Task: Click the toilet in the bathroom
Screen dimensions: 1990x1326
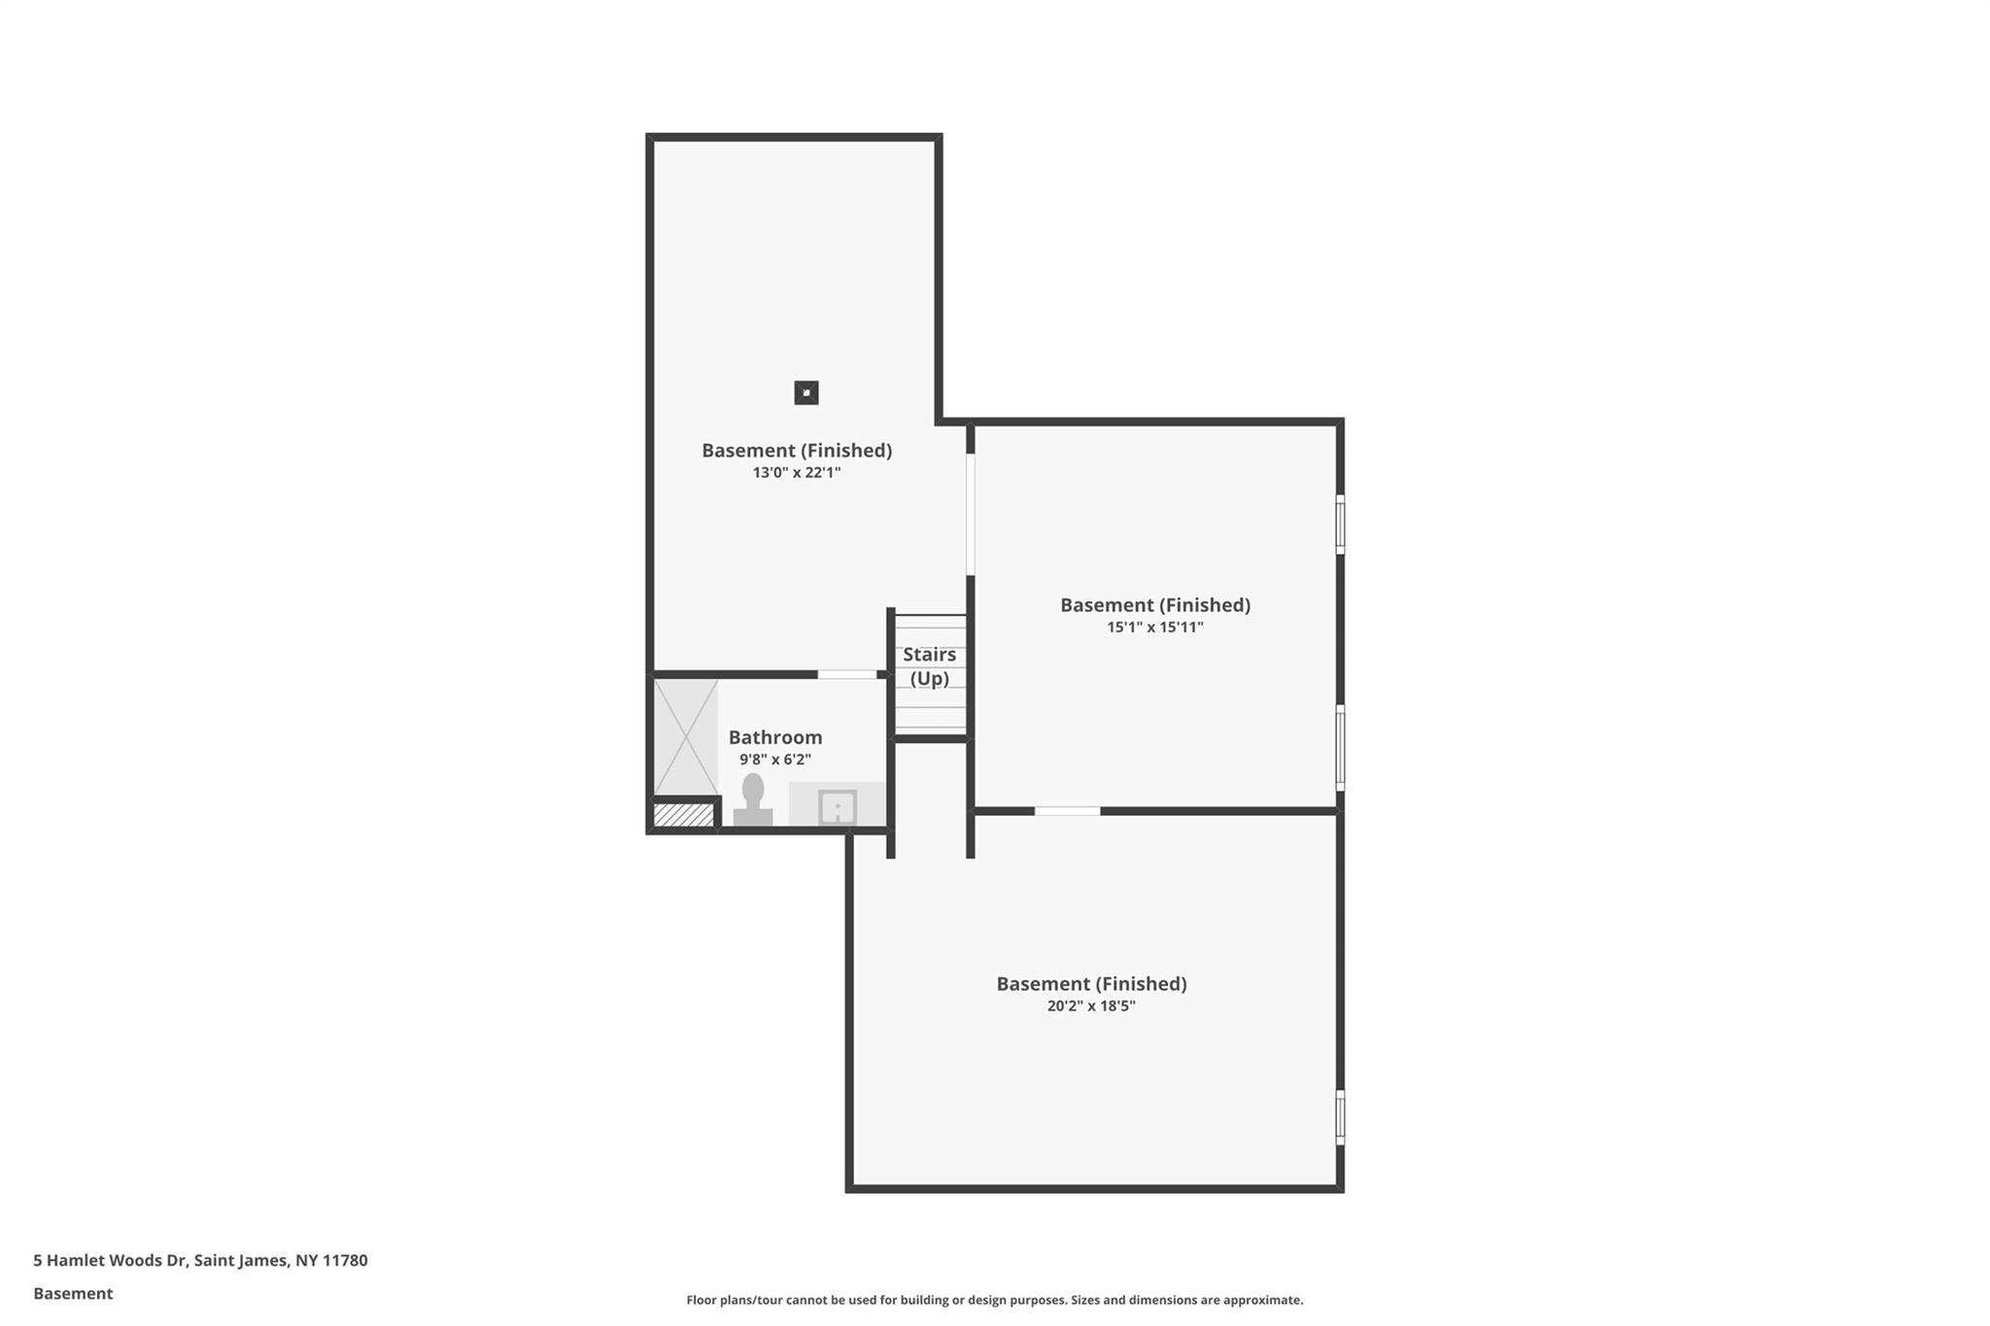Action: tap(753, 799)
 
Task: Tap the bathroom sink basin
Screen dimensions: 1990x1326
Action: tap(837, 807)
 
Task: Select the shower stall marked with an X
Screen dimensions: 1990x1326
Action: tap(686, 737)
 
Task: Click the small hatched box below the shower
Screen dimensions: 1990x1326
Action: tap(684, 814)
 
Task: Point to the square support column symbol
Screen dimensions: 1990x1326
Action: tap(806, 392)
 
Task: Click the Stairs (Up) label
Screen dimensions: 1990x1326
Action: tap(930, 666)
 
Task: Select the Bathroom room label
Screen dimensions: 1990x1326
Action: tap(775, 737)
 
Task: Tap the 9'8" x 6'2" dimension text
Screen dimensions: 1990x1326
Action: tap(775, 760)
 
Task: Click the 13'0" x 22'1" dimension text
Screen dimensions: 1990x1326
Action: tap(797, 473)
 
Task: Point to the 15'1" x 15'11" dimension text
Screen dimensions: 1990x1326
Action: tap(1155, 628)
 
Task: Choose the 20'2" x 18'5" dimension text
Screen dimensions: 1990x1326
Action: tap(1091, 1006)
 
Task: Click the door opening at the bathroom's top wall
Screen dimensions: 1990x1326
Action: tap(846, 674)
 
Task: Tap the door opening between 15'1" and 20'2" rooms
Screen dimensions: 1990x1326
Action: tap(1067, 811)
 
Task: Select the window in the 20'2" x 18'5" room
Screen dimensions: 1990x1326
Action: tap(1340, 1117)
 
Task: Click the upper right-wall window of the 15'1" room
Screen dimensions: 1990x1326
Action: tap(1340, 525)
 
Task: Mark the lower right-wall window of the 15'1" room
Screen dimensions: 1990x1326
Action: tap(1340, 748)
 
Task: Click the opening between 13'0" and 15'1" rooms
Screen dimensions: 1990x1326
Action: tap(970, 515)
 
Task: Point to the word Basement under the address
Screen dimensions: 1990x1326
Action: tap(73, 1293)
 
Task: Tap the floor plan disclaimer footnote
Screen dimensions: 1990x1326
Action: tap(995, 1300)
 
